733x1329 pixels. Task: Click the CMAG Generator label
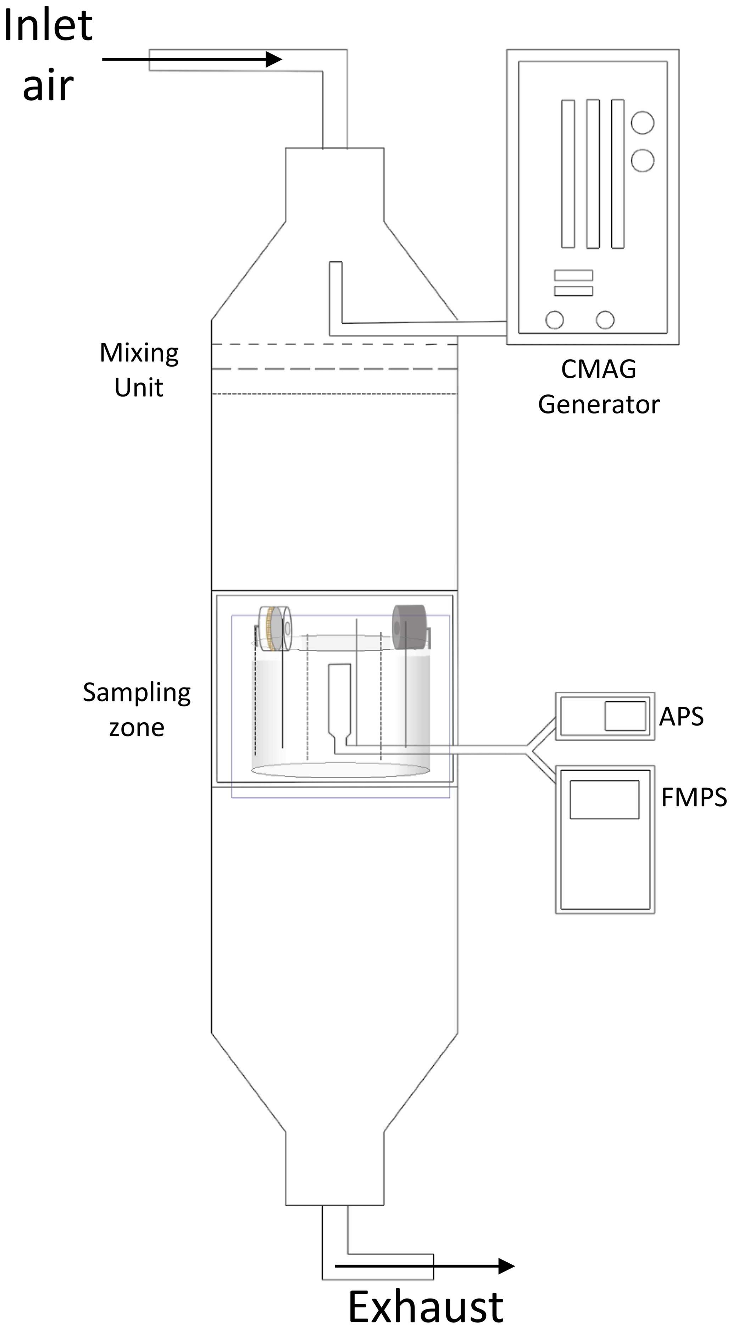click(598, 387)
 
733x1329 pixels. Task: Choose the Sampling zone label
click(137, 710)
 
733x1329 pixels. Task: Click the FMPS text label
click(694, 797)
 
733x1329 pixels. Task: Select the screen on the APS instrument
click(625, 716)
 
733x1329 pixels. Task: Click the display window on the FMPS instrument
click(605, 799)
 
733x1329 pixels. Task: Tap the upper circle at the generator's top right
click(642, 123)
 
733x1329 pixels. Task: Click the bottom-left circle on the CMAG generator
click(555, 320)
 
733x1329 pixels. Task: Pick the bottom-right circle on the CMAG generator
click(605, 320)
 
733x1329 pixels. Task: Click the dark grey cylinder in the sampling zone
click(409, 627)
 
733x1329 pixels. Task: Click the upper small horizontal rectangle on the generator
click(573, 275)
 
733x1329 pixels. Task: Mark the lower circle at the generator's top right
click(642, 160)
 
